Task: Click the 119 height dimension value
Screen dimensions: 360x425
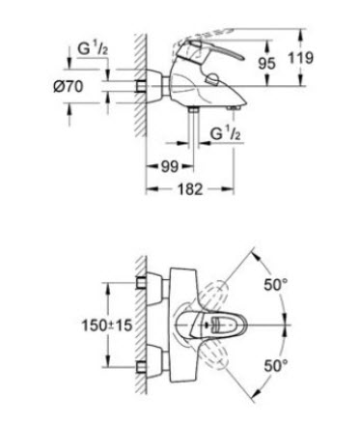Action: coord(300,58)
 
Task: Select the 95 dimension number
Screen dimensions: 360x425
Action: coord(266,64)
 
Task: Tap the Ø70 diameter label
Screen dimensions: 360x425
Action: coord(68,86)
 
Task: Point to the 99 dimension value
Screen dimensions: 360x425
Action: coord(170,167)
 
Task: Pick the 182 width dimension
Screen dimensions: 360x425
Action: coord(190,189)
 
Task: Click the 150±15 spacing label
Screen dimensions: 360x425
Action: coord(107,326)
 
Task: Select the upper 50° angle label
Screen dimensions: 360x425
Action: coord(276,285)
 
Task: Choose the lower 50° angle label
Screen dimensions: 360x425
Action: coord(276,366)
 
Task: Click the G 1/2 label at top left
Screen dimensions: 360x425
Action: coord(93,48)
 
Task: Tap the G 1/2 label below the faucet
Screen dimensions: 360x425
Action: coord(225,133)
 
